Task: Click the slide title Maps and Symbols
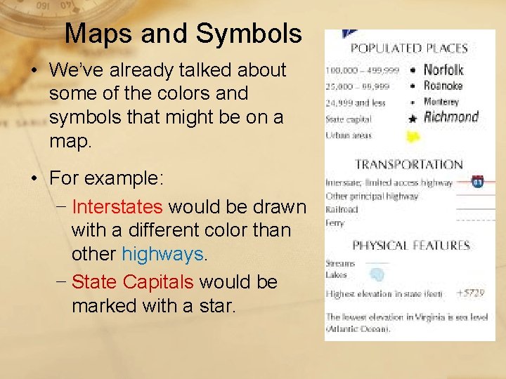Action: [183, 33]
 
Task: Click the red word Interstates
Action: [117, 207]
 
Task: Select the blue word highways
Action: [162, 253]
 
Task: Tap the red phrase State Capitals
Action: [132, 282]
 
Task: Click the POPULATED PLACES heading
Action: [409, 48]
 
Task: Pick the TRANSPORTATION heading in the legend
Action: [408, 165]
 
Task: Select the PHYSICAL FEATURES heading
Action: [410, 246]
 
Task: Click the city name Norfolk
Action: [443, 69]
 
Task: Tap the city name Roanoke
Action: [443, 86]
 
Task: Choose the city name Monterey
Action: [441, 102]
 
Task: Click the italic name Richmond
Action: [451, 117]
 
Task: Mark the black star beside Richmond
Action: [413, 119]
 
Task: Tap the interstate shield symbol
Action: [478, 182]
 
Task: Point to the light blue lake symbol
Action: [377, 275]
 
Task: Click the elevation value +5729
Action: [469, 293]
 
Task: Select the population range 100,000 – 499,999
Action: [361, 71]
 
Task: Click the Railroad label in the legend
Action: [342, 209]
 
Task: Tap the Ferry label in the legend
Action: [335, 222]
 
